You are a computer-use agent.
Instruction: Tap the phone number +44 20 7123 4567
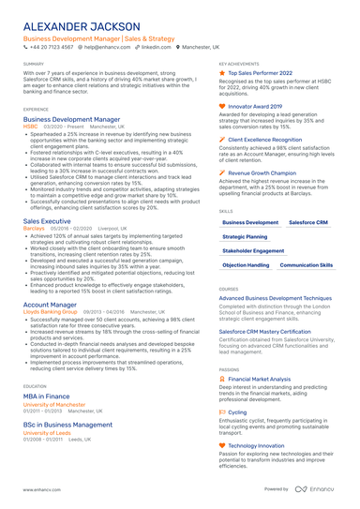click(x=52, y=46)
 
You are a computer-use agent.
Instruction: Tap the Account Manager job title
click(x=51, y=304)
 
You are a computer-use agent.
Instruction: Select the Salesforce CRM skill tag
click(x=307, y=222)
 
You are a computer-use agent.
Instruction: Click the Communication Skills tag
click(x=307, y=265)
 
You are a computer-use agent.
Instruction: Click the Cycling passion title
click(x=238, y=412)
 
